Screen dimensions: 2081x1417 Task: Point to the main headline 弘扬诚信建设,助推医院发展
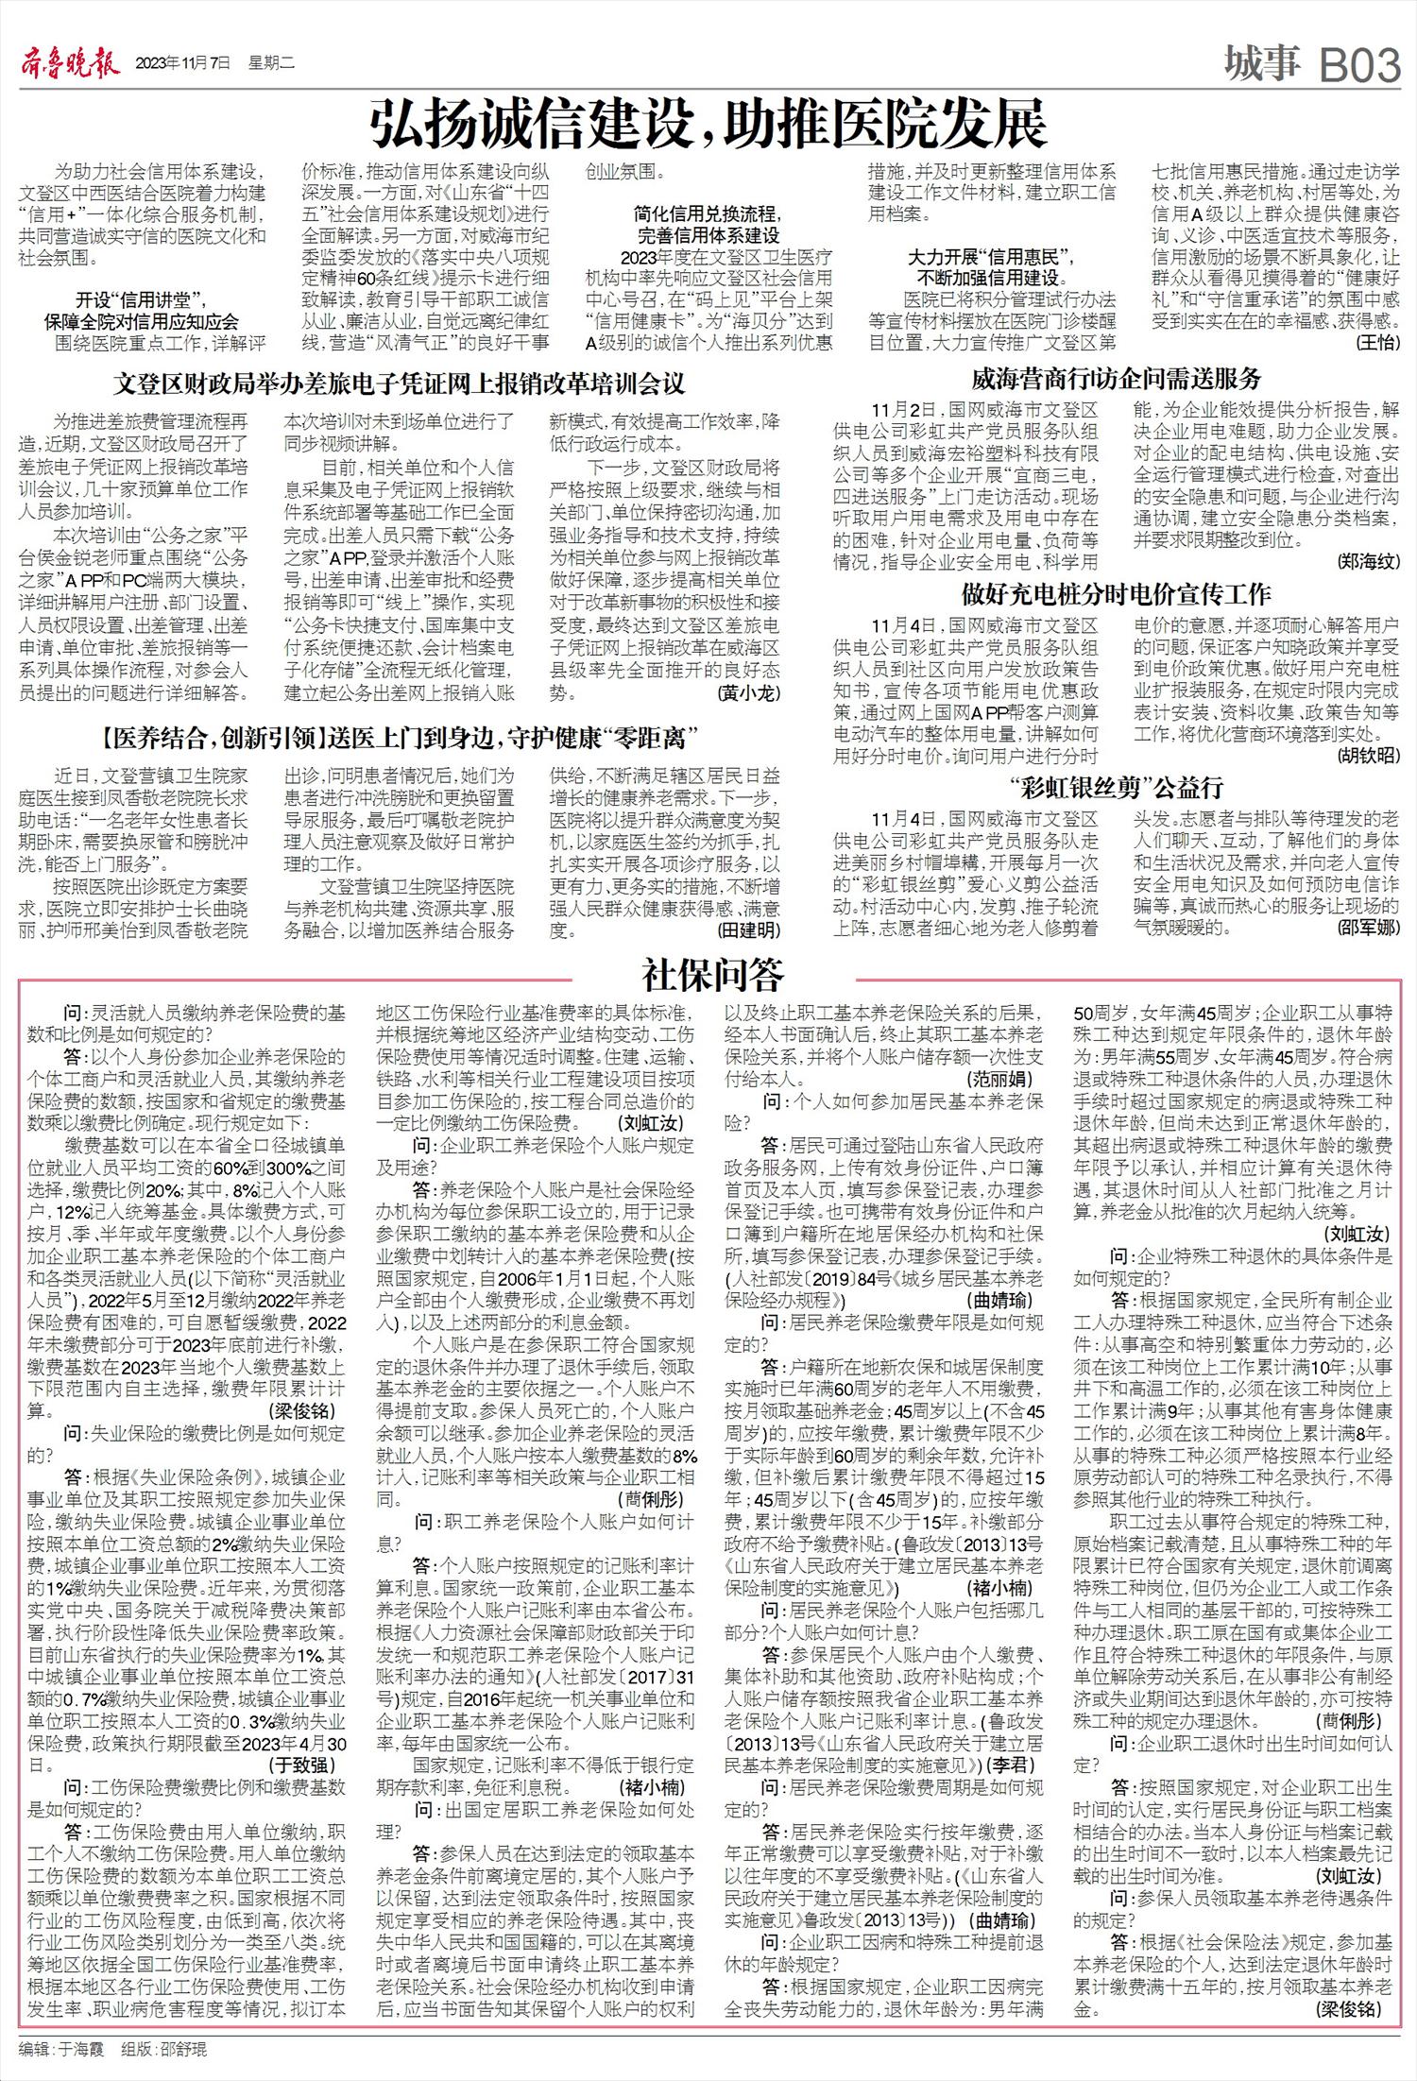(708, 124)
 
